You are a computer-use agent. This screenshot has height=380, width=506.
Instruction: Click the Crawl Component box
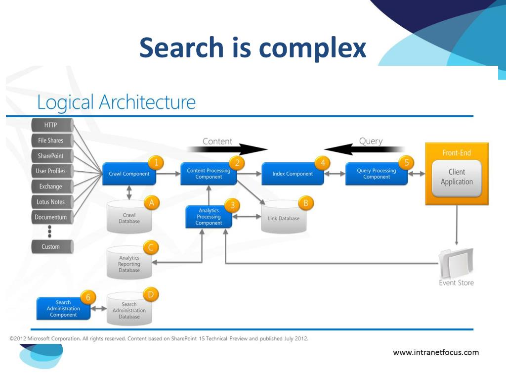click(x=129, y=174)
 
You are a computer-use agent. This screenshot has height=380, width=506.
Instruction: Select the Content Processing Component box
click(x=209, y=174)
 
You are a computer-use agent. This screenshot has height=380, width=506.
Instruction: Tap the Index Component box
click(x=293, y=174)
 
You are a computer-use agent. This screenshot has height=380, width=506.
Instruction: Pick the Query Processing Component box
click(x=377, y=174)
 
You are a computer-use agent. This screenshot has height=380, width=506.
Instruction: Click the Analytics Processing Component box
click(x=209, y=217)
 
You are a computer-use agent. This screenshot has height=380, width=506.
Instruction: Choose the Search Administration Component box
click(x=63, y=309)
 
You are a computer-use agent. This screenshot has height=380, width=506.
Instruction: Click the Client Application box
click(x=457, y=177)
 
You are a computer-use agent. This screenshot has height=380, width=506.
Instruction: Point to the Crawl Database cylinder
click(x=129, y=218)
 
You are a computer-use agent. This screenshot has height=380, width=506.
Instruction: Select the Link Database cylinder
click(x=284, y=218)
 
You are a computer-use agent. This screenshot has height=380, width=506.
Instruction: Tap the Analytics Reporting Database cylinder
click(x=129, y=264)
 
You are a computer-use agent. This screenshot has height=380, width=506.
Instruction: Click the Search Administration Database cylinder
click(x=129, y=310)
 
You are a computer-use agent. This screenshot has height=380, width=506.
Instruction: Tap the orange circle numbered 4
click(x=322, y=163)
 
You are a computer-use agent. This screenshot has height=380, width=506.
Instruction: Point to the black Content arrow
click(x=227, y=148)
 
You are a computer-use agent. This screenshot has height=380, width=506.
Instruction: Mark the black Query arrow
click(x=364, y=148)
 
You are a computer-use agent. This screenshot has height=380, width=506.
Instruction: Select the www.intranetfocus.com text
click(x=436, y=353)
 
